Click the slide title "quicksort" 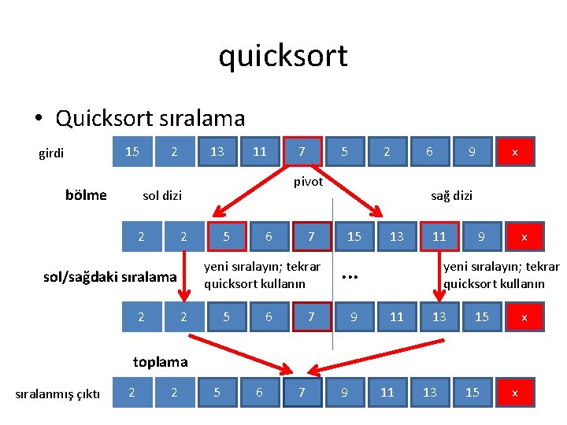283,56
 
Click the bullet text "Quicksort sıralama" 150,118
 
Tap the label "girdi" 52,153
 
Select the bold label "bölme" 87,195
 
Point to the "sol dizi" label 162,195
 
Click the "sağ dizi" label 451,195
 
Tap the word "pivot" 308,182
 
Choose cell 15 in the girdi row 132,151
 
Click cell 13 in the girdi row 217,151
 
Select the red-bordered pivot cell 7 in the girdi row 302,151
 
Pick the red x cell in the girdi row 515,152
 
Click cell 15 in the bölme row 354,236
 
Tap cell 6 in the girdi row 429,151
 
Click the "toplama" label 161,362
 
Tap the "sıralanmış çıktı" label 58,394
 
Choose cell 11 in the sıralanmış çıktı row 387,392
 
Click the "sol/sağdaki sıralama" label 109,277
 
